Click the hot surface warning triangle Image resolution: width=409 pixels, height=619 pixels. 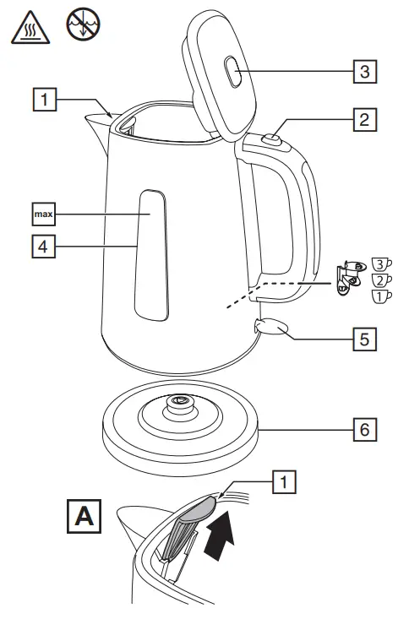click(x=28, y=30)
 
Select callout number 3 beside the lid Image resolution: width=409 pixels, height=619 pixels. click(x=363, y=72)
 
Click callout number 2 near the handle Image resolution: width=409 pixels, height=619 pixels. click(x=363, y=120)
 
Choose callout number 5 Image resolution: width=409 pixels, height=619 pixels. click(x=363, y=339)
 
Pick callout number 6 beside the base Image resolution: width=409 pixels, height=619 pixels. click(x=363, y=429)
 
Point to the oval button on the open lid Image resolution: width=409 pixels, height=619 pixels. click(x=233, y=74)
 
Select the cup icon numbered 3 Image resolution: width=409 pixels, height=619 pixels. click(x=382, y=265)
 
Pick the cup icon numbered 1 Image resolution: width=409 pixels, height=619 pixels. click(x=382, y=296)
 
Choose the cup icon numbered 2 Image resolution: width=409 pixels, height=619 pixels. click(x=382, y=280)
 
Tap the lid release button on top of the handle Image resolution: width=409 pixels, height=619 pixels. click(x=271, y=138)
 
